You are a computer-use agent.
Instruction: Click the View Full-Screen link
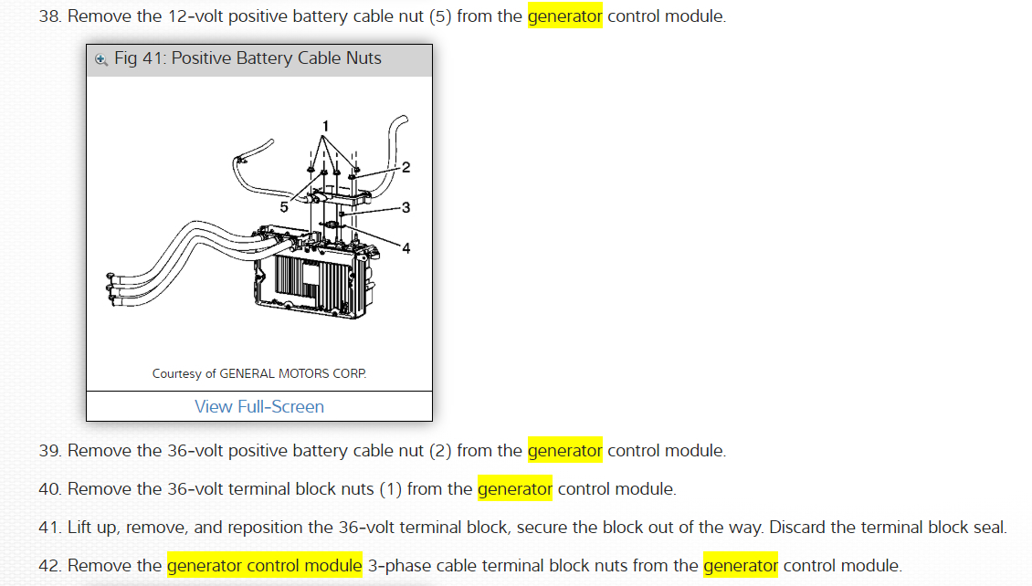pos(259,407)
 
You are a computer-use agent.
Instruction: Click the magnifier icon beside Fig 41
pos(101,59)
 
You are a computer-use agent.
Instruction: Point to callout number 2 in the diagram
pos(405,167)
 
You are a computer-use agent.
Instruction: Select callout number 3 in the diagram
pos(405,207)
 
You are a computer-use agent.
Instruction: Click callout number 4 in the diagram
pos(405,248)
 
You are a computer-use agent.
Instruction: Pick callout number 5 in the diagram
pos(284,207)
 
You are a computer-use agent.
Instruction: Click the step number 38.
pos(48,17)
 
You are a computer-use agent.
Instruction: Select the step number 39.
pos(48,451)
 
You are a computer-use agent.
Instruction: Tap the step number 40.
pos(48,489)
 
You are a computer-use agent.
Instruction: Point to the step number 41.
pos(48,528)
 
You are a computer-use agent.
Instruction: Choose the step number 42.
pos(48,566)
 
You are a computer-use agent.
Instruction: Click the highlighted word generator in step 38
pos(564,17)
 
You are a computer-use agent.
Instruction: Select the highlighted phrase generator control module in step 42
pos(265,566)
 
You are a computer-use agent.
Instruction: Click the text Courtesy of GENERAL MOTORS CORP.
pos(259,373)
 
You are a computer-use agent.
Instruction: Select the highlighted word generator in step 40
pos(515,489)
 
